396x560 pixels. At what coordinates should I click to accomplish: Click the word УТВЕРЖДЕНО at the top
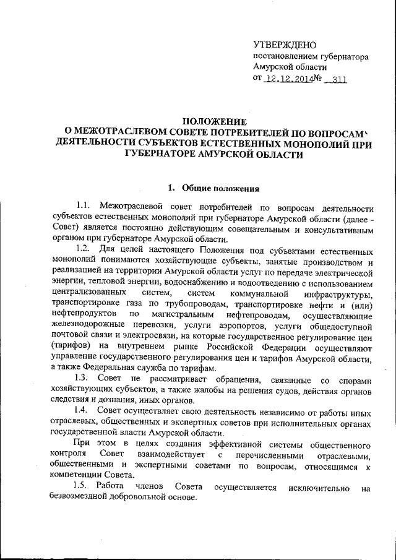(x=285, y=45)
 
